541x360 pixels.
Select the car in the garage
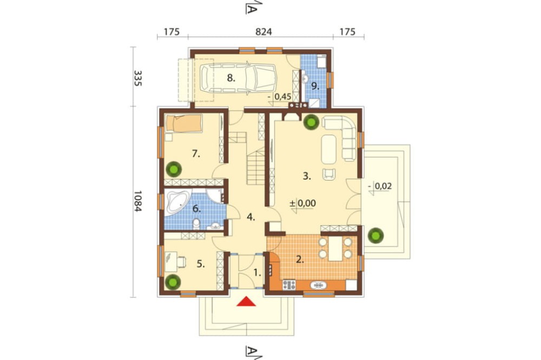pos(239,78)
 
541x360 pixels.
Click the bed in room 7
pos(184,123)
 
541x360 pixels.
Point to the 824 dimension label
pos(263,32)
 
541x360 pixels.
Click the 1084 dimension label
pos(137,202)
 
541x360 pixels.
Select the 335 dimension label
pos(137,78)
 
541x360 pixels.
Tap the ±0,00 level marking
pos(302,203)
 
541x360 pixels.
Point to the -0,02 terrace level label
pos(380,186)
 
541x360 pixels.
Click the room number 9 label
pos(315,86)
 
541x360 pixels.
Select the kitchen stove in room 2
pos(289,285)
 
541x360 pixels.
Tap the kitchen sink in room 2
pos(319,285)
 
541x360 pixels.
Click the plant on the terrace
pos(375,236)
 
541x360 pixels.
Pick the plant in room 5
pos(173,282)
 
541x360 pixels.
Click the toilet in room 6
pos(196,224)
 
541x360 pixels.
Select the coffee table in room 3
pos(328,149)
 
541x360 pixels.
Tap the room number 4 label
pos(251,218)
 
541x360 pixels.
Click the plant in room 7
pos(173,169)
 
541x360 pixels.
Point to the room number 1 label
pos(258,273)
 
